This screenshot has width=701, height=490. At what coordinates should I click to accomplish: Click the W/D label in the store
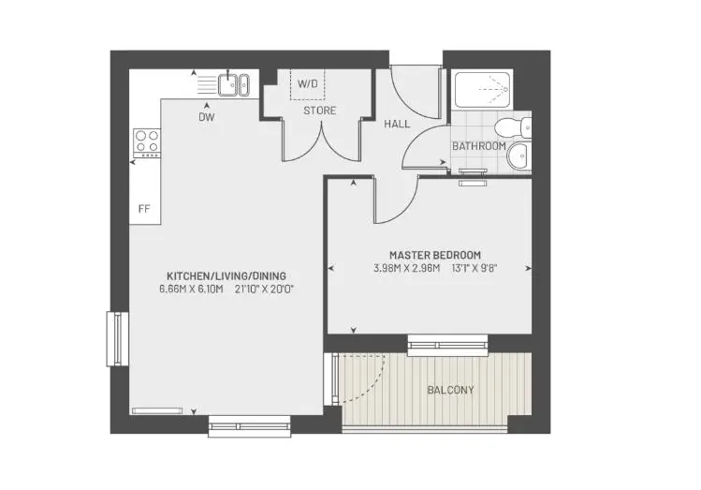(x=308, y=83)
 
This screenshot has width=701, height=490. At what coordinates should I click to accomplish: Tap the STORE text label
(x=320, y=111)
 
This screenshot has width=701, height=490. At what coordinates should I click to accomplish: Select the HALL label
(x=397, y=124)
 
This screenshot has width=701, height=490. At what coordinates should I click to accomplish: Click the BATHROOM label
(x=479, y=146)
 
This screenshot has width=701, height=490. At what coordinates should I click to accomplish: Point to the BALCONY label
(x=451, y=390)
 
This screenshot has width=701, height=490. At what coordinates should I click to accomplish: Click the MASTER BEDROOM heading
(x=435, y=255)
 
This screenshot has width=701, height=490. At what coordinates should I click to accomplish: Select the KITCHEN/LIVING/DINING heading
(x=226, y=275)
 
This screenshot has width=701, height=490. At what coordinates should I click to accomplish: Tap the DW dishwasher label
(x=207, y=117)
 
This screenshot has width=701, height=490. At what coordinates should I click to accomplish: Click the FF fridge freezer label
(x=144, y=209)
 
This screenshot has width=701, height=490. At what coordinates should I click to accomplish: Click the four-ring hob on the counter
(x=147, y=142)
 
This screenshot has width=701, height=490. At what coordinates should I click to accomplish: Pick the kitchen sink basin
(x=234, y=84)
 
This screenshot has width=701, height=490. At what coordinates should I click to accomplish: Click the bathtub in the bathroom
(x=482, y=90)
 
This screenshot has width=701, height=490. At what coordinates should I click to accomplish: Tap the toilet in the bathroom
(x=513, y=127)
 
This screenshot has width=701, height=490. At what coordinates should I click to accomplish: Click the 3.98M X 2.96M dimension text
(x=407, y=269)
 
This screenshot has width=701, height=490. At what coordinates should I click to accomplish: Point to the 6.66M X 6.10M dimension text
(x=191, y=290)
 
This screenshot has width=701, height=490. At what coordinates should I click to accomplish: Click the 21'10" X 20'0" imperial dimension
(x=264, y=290)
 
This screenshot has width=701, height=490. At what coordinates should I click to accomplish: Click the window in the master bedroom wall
(x=447, y=345)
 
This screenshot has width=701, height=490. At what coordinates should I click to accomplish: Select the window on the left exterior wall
(x=118, y=339)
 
